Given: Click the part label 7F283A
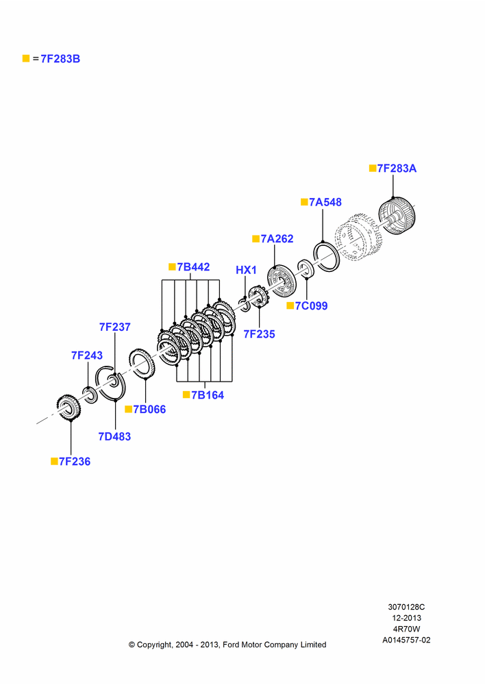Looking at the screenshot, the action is pos(397,169).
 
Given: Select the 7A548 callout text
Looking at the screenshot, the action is pos(325,202).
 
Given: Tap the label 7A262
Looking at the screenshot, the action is pos(277,239).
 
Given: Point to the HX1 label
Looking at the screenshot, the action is pos(246,271).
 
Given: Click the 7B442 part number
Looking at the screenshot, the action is pos(193,267).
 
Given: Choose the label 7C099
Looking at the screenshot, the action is pos(311,306).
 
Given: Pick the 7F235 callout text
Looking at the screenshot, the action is pos(259,334).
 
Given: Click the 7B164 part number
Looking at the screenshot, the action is pos(208,395).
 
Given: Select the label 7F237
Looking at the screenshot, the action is pos(115,327).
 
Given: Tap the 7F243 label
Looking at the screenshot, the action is pos(87,356).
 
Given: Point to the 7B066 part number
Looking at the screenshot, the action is pos(149,410).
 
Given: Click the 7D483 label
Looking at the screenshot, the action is pos(114,437).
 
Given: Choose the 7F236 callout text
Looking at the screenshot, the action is pos(75,462).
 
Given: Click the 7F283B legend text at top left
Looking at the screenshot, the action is pos(60,59).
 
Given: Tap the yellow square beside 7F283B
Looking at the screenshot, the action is pos(26,58).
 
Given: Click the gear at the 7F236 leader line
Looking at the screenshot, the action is pos(69,408).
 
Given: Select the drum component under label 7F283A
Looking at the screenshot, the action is pos(397,216).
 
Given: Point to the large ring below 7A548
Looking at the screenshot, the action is pos(326,257).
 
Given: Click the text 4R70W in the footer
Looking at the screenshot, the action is pos(406,629).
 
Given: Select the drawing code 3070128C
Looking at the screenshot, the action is pos(406,607).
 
